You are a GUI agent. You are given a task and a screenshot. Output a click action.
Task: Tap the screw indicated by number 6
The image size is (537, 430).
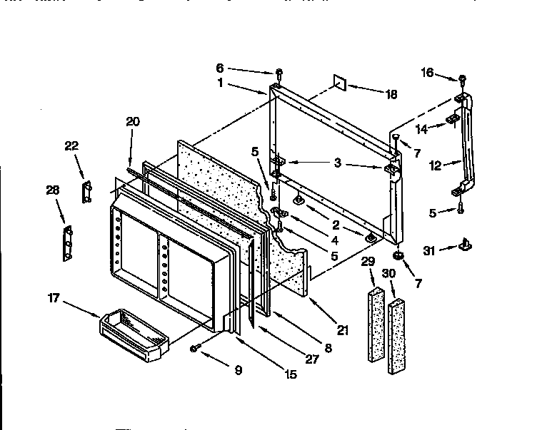tap(278, 73)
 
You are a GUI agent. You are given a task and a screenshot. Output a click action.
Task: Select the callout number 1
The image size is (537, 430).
tap(221, 82)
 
